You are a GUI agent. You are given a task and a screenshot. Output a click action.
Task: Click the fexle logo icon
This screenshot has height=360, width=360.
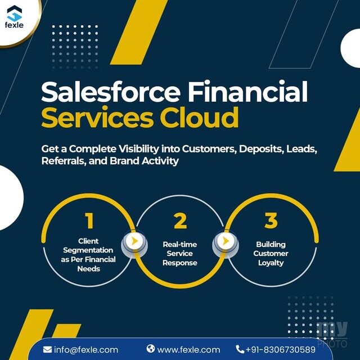tap(15, 13)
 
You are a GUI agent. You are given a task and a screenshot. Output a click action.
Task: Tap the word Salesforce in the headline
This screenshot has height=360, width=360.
tap(111, 91)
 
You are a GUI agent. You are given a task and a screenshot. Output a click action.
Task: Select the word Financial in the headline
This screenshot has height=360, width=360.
tap(248, 91)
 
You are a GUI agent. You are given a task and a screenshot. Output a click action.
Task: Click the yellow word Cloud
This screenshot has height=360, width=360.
tap(199, 117)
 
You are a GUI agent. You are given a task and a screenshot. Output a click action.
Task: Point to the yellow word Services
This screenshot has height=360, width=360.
tap(97, 117)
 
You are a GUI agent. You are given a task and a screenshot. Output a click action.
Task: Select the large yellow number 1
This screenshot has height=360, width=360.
tap(89, 220)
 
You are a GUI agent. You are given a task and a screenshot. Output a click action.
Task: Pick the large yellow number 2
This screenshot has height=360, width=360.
tap(180, 220)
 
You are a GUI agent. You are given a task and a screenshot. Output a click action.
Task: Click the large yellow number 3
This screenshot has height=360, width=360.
tap(271, 220)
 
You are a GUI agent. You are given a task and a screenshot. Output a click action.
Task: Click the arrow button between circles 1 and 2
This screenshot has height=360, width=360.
tap(134, 241)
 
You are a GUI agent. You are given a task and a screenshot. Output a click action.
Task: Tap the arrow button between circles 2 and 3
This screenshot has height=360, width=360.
tap(226, 241)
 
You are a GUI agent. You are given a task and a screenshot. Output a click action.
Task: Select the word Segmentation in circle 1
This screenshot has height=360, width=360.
tap(88, 250)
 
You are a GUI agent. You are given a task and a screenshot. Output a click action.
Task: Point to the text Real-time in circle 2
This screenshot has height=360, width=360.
tap(180, 244)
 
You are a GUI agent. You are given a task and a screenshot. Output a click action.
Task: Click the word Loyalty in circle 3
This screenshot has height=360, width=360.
tap(271, 263)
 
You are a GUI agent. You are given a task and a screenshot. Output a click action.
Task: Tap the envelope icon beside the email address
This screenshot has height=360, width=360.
tap(47, 350)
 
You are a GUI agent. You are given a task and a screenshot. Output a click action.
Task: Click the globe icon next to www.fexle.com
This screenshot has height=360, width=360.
tap(151, 349)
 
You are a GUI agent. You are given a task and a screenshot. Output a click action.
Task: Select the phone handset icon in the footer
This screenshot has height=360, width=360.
tap(240, 349)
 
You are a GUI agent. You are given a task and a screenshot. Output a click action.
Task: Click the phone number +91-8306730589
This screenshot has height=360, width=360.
tap(281, 350)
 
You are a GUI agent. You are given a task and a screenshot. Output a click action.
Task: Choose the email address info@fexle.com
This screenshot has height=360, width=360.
tap(86, 350)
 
